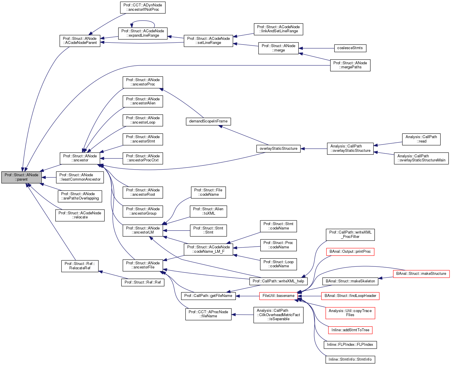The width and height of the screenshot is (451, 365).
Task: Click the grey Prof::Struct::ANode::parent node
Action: point(22,177)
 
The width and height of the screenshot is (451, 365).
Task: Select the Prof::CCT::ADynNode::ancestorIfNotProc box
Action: point(143,7)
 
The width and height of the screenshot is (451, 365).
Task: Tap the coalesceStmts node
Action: point(350,48)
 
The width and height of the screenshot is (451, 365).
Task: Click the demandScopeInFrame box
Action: point(208,121)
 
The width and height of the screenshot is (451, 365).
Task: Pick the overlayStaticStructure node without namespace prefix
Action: point(278,149)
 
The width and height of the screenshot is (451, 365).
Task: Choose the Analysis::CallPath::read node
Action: point(421,139)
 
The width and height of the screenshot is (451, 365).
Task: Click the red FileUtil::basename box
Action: point(278,296)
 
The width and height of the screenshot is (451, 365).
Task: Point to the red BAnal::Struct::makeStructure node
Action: point(421,274)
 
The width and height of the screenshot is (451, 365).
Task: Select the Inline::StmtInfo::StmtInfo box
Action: point(350,359)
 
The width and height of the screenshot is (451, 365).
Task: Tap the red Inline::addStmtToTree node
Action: point(350,330)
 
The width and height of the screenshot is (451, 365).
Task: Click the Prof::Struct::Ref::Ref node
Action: point(143,282)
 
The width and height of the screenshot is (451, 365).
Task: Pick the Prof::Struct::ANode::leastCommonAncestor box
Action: point(80,177)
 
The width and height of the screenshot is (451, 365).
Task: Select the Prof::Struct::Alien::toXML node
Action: point(208,211)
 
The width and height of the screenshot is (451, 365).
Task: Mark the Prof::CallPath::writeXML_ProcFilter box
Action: point(350,234)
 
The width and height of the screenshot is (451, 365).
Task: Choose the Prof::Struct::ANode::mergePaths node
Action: point(350,65)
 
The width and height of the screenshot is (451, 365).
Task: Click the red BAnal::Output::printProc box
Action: point(350,252)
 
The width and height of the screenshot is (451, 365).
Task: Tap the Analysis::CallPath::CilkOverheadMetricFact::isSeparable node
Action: point(278,315)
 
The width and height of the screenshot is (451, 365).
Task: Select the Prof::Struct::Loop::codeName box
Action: point(278,264)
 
